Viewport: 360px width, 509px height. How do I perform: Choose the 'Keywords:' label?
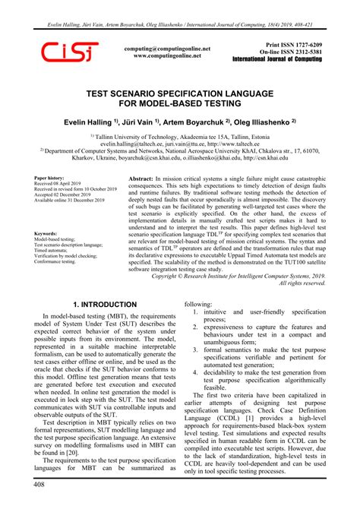pos(47,233)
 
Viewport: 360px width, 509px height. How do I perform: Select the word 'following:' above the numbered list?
pos(201,303)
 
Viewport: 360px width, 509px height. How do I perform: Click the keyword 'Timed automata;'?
pos(55,251)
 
